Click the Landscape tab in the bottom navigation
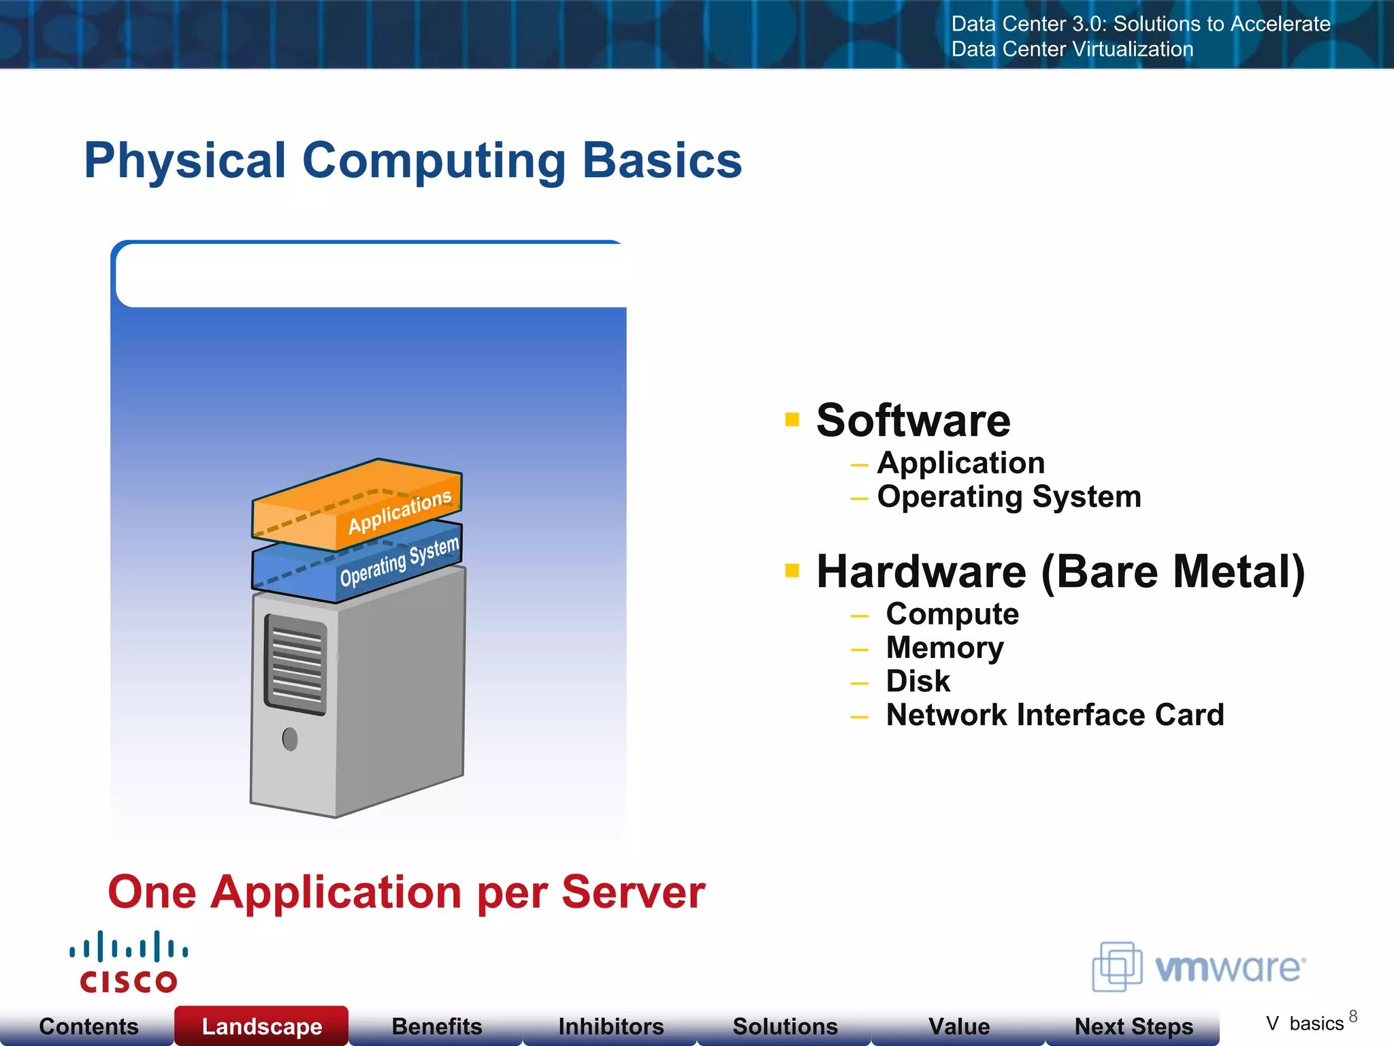(x=261, y=1026)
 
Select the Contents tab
(x=88, y=1026)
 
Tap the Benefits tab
(x=436, y=1026)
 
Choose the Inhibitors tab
(x=611, y=1026)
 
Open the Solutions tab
(x=785, y=1026)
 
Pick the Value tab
(x=958, y=1026)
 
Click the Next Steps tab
(x=1133, y=1026)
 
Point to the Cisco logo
(x=129, y=962)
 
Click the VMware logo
(x=1199, y=967)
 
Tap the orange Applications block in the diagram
(x=357, y=505)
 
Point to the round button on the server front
(x=290, y=739)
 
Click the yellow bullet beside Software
(x=792, y=419)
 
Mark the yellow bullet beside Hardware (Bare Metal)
(x=792, y=571)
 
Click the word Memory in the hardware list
(x=944, y=648)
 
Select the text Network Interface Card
(x=1054, y=715)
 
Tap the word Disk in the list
(x=918, y=681)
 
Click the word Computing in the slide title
(x=434, y=161)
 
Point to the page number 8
(x=1352, y=1017)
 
